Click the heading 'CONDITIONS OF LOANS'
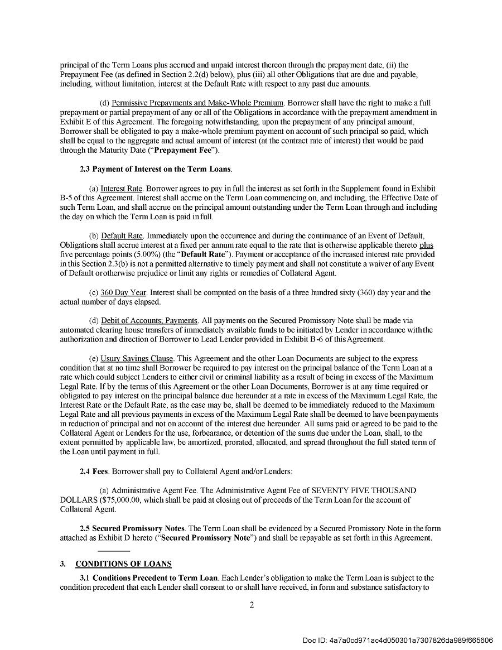[123, 564]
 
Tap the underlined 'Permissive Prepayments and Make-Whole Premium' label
[198, 103]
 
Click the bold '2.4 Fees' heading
[93, 471]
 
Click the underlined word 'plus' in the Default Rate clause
[426, 245]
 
